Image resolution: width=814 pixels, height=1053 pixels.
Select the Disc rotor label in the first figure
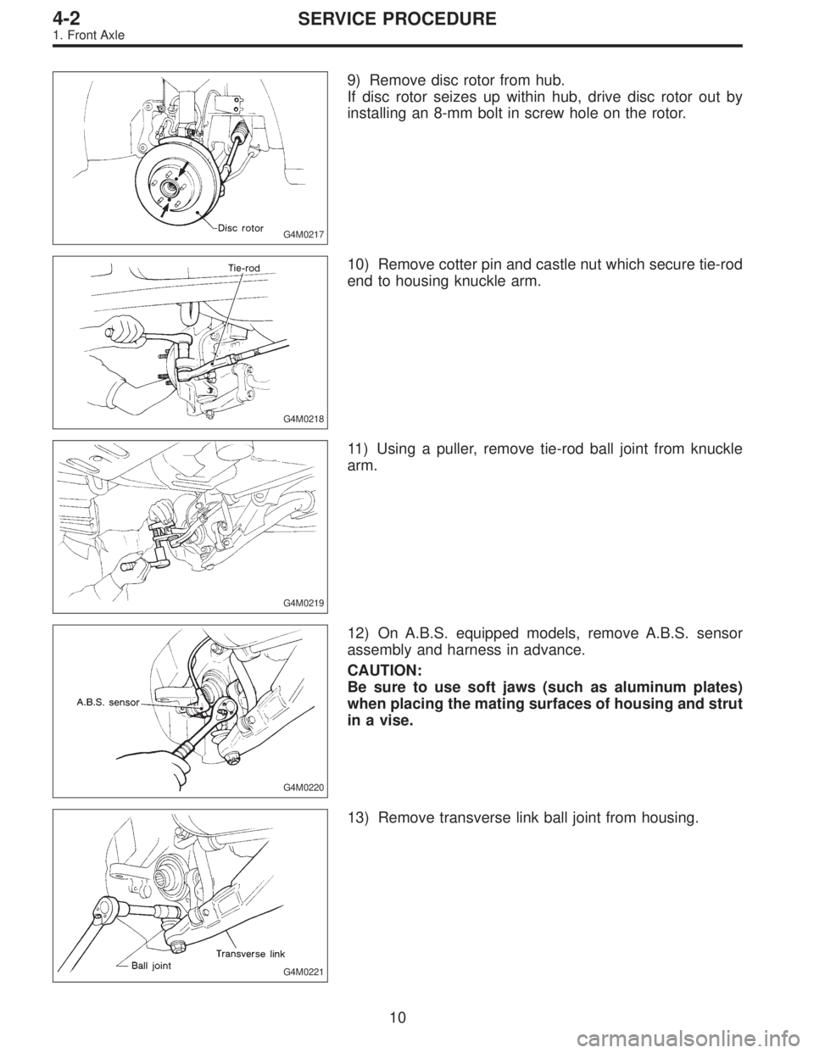[240, 227]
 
